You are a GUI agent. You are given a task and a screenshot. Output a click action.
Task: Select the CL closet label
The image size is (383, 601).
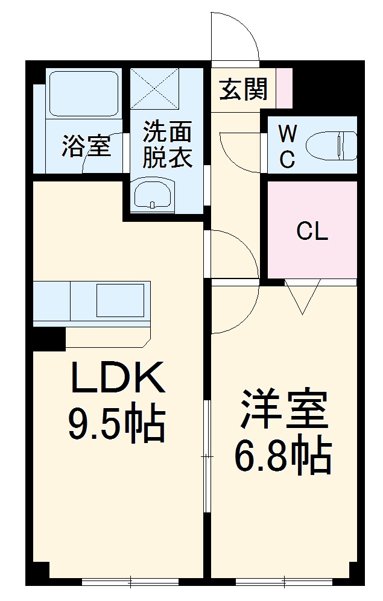(312, 231)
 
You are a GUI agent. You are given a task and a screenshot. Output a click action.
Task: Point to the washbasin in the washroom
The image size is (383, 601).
(153, 195)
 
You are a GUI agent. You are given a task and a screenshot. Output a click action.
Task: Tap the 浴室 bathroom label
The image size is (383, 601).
(86, 146)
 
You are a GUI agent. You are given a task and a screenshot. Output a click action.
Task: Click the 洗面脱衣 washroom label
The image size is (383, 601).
(167, 144)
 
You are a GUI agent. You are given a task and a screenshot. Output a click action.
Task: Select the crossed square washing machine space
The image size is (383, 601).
(155, 88)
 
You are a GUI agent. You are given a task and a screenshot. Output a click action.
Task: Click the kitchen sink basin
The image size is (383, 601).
(120, 300)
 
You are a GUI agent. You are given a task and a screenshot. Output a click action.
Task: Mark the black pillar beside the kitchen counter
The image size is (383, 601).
(48, 338)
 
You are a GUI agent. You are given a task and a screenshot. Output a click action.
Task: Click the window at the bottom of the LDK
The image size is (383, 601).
(130, 582)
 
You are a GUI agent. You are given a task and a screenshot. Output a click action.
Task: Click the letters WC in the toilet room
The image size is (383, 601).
(288, 146)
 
